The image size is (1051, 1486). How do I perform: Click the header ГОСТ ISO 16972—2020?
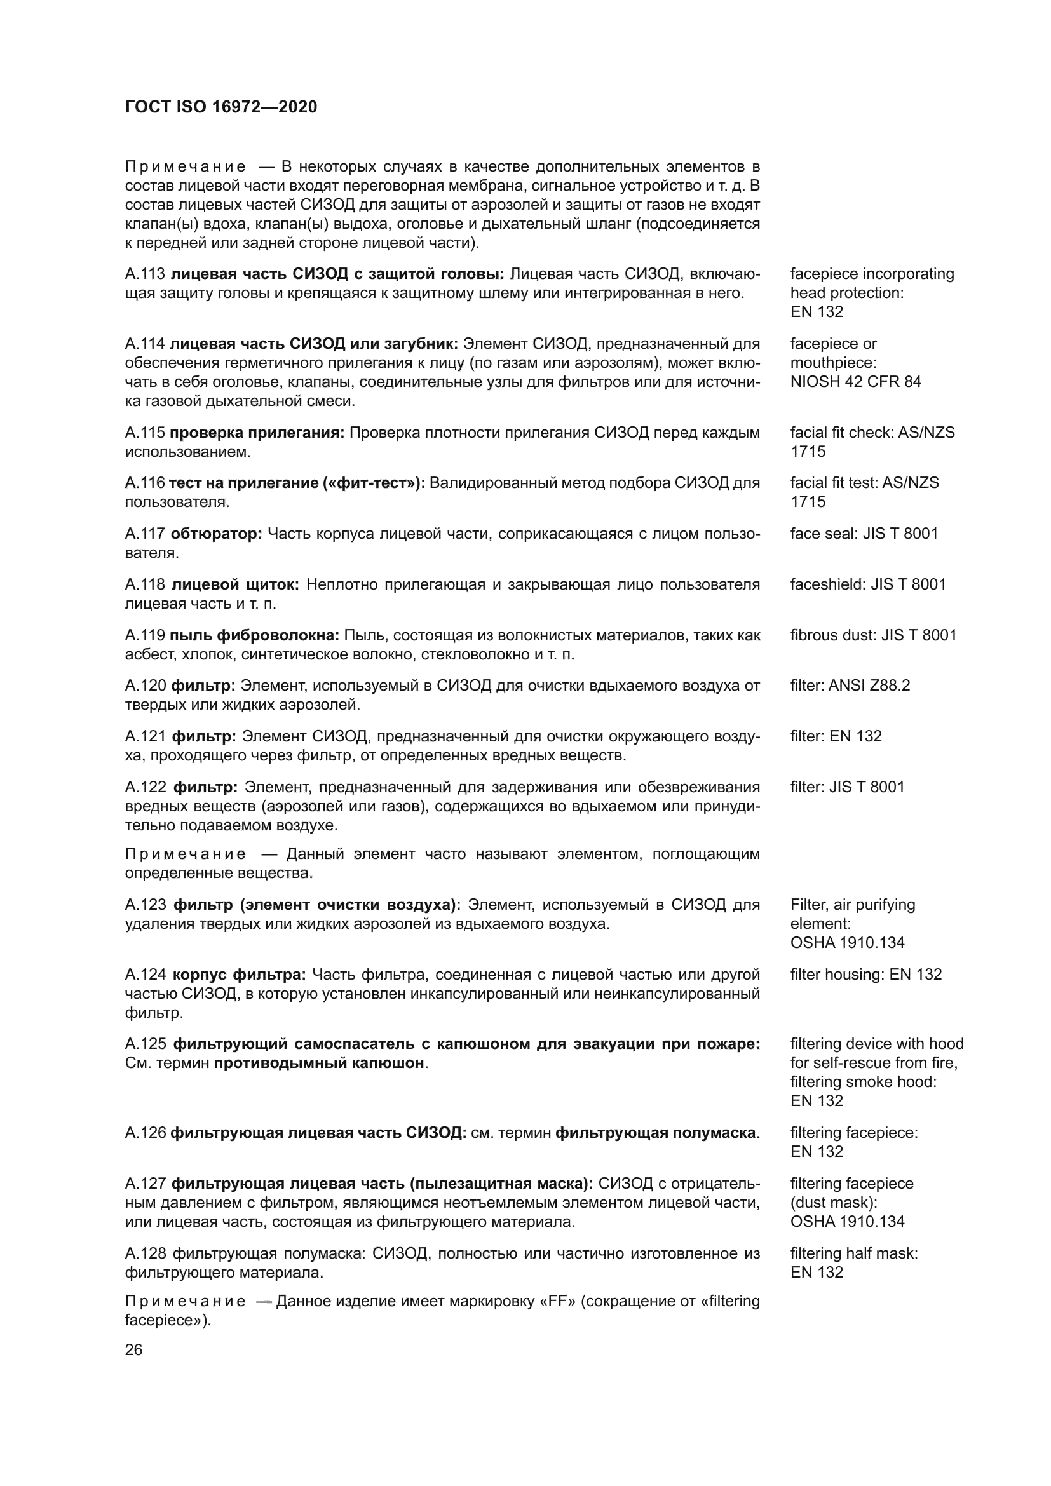(220, 107)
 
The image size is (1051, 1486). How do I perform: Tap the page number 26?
(133, 1349)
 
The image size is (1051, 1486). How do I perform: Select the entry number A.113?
(145, 274)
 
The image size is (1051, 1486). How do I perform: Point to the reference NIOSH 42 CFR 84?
(855, 381)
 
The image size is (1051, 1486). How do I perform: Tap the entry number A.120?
(146, 686)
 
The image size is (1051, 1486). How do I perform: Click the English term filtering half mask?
(853, 1253)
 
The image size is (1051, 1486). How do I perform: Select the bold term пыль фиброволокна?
(254, 635)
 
